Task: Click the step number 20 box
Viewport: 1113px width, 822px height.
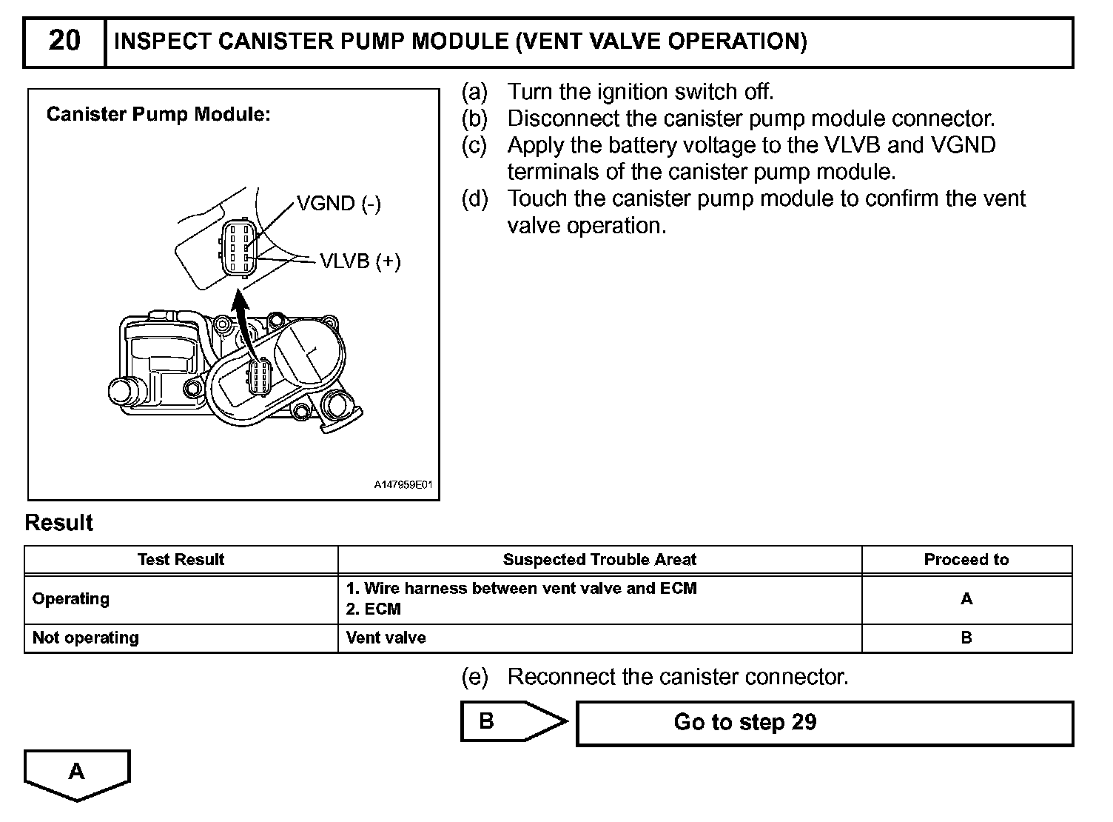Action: coord(64,41)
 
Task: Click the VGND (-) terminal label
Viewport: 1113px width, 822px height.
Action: coord(338,204)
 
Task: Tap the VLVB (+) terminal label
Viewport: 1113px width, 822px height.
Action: coord(360,261)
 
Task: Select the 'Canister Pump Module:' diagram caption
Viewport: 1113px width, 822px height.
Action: coord(158,114)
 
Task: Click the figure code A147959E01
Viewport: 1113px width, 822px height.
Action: coord(402,486)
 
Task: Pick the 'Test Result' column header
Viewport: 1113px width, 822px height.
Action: coord(181,560)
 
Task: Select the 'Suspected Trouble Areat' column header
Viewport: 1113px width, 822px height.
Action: coord(599,560)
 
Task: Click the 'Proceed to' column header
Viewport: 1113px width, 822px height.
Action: coord(966,560)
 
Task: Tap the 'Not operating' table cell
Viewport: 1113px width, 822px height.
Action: coord(86,638)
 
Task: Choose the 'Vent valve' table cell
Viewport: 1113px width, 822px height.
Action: coord(386,638)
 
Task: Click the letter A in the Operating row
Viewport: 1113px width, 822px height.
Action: coord(966,599)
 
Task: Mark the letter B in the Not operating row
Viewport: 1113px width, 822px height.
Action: coord(966,638)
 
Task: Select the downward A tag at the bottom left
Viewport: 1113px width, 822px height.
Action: coord(77,774)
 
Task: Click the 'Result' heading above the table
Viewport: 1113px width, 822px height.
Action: coord(58,523)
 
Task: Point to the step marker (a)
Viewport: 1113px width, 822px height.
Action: coord(474,92)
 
